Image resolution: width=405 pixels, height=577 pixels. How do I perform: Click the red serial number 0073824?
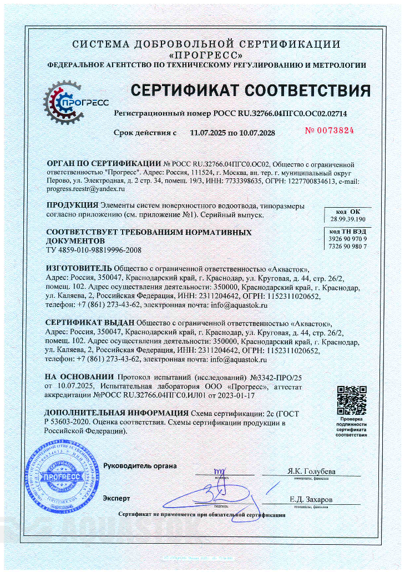[330, 131]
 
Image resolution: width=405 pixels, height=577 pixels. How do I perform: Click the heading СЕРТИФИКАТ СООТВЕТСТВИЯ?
[250, 90]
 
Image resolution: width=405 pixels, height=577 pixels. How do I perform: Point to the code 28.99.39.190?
[348, 219]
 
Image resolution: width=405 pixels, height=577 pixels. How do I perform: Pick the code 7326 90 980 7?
[348, 245]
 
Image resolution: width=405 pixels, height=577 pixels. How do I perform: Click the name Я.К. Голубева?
[312, 471]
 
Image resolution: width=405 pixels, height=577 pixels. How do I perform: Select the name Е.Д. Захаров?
[311, 500]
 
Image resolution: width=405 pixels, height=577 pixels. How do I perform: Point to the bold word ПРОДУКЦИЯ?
[72, 205]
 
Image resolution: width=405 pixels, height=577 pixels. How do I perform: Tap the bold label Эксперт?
[116, 498]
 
